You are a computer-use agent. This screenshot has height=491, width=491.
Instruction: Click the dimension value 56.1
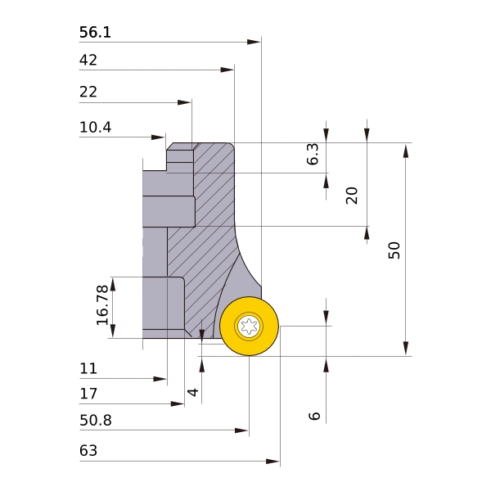click(95, 33)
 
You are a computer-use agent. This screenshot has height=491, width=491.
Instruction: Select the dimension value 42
click(88, 60)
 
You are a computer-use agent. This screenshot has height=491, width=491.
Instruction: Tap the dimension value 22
click(88, 92)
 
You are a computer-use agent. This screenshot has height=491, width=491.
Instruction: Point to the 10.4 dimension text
click(95, 128)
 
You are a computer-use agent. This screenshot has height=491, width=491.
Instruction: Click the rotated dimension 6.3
click(313, 155)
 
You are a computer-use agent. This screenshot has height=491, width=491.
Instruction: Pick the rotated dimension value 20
click(352, 195)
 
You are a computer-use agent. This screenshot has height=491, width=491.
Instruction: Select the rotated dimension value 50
click(394, 250)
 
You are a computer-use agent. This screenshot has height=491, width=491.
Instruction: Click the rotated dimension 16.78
click(102, 305)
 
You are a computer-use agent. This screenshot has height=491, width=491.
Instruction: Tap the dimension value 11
click(88, 368)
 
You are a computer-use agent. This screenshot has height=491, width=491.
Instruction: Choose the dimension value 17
click(88, 394)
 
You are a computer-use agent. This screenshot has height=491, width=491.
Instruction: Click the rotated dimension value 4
click(193, 392)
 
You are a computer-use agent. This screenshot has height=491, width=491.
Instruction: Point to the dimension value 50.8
click(95, 421)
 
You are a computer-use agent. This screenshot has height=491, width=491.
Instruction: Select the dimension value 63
click(88, 451)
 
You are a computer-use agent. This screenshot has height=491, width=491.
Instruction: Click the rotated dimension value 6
click(314, 416)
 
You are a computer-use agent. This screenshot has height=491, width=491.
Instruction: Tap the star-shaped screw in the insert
click(249, 327)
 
